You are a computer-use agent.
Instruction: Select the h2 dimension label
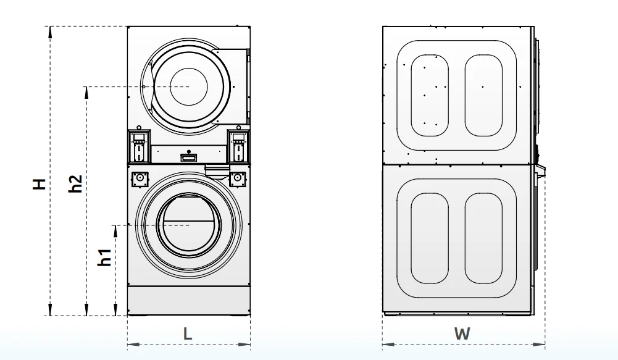pyautogui.click(x=75, y=183)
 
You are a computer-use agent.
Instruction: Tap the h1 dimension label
pyautogui.click(x=106, y=257)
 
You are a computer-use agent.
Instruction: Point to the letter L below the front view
pyautogui.click(x=188, y=333)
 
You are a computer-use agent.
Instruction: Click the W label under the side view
pyautogui.click(x=462, y=333)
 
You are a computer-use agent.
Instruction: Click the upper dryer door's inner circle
pyautogui.click(x=189, y=86)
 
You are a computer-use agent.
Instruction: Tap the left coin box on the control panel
pyautogui.click(x=139, y=146)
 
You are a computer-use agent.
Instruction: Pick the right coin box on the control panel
pyautogui.click(x=238, y=146)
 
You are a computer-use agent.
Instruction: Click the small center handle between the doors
pyautogui.click(x=188, y=157)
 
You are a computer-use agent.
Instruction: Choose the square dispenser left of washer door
pyautogui.click(x=140, y=178)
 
